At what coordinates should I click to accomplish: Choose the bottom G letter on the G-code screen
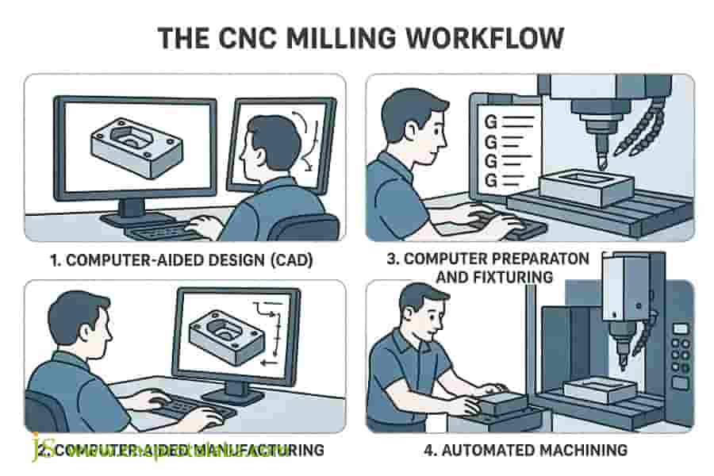click(489, 181)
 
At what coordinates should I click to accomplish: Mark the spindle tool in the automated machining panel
click(622, 349)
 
